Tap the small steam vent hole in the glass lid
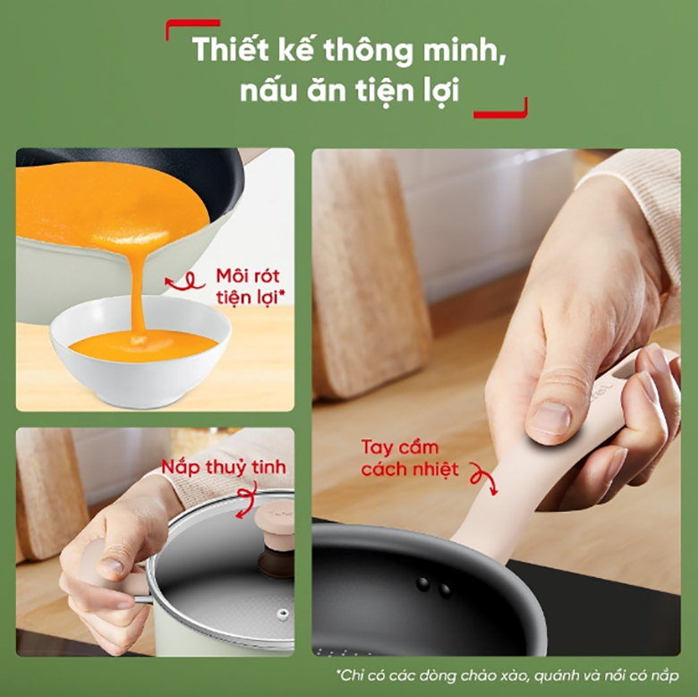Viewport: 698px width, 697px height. [283, 615]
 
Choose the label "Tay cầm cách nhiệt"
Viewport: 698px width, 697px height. [410, 457]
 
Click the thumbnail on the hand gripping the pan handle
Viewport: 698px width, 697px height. [551, 418]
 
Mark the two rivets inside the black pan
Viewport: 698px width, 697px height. [432, 586]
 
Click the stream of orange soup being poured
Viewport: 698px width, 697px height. [138, 286]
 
